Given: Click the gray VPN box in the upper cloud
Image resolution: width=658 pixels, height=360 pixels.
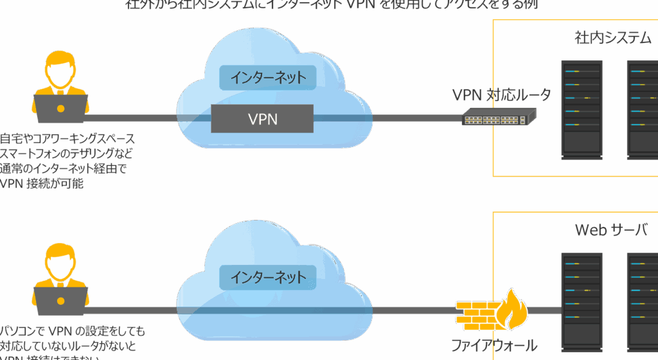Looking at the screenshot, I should (262, 119).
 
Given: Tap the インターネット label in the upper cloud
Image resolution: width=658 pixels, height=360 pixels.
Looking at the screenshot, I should (268, 78).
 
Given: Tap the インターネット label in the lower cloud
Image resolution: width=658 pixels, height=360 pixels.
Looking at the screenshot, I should (268, 277).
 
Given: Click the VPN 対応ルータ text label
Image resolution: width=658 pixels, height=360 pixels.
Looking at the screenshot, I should (501, 95).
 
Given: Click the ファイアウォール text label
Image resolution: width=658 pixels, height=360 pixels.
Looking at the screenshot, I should (493, 346).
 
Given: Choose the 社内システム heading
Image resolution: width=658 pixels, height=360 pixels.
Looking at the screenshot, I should (612, 38).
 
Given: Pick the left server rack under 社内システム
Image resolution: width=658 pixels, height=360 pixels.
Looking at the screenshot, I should (582, 109).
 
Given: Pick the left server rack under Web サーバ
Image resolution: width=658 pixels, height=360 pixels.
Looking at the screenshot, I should (582, 302).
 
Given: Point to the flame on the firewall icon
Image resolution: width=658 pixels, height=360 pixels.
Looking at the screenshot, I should (515, 307).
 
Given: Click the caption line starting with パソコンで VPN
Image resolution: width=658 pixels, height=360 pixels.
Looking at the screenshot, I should (72, 332).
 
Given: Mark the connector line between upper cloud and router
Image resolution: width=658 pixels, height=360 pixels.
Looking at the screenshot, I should (418, 118).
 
